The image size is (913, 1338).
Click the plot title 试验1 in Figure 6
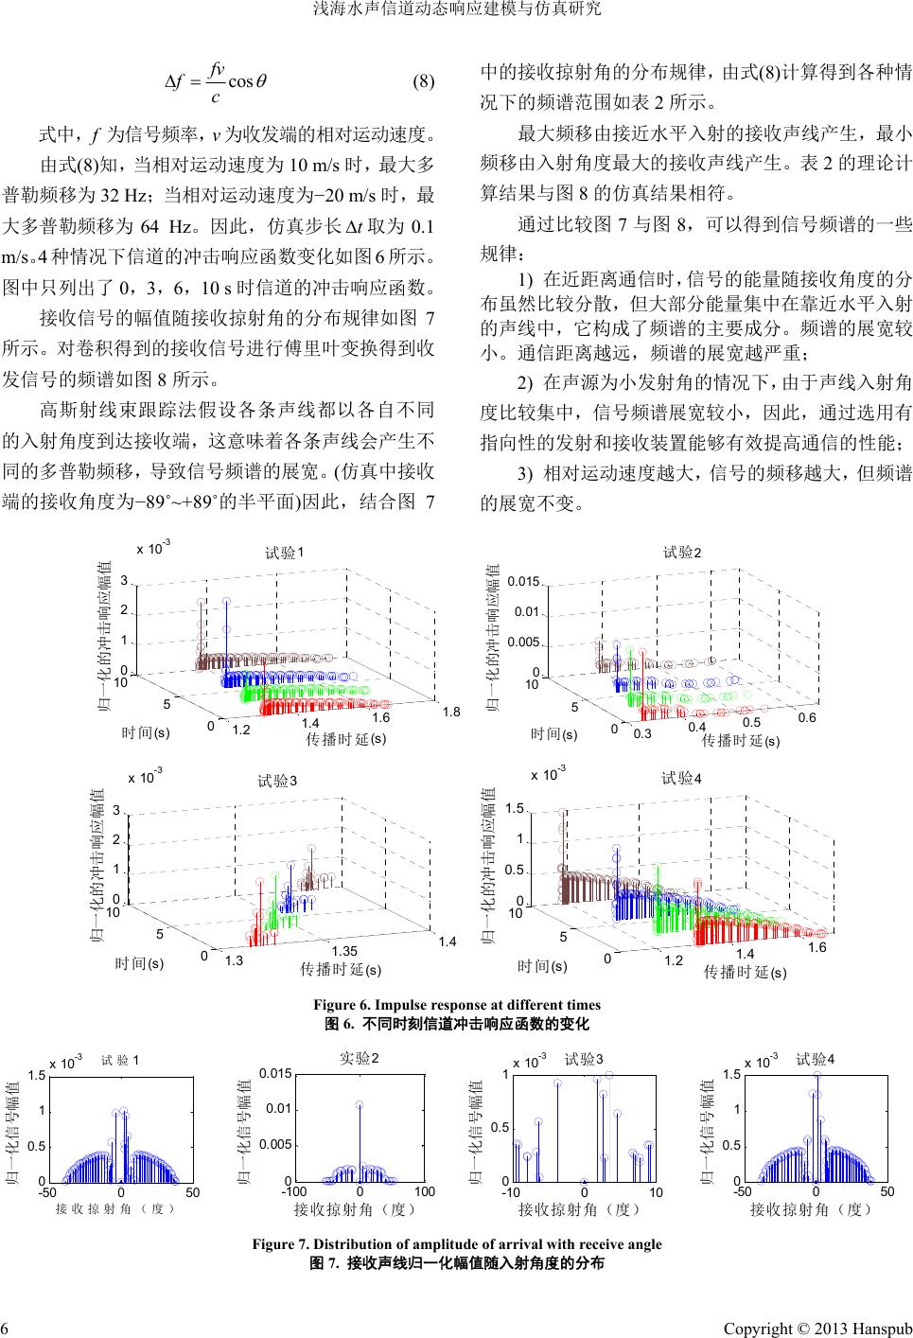point(283,553)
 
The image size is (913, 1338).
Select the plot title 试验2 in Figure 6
point(682,552)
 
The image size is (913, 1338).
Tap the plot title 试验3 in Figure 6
point(277,781)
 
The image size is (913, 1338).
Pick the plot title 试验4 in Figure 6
point(681,779)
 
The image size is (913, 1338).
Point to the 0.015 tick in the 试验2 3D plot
point(522,581)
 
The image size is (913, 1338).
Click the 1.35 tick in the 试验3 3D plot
point(345,949)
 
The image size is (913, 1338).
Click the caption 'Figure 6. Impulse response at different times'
point(457,1005)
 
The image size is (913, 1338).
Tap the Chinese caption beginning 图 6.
point(457,1024)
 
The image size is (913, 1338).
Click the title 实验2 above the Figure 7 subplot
point(359,1057)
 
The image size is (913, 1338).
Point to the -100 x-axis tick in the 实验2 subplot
point(294,1191)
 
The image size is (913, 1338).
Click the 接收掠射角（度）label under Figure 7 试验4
point(811,1208)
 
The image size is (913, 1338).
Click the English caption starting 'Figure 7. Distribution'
point(457,1244)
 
